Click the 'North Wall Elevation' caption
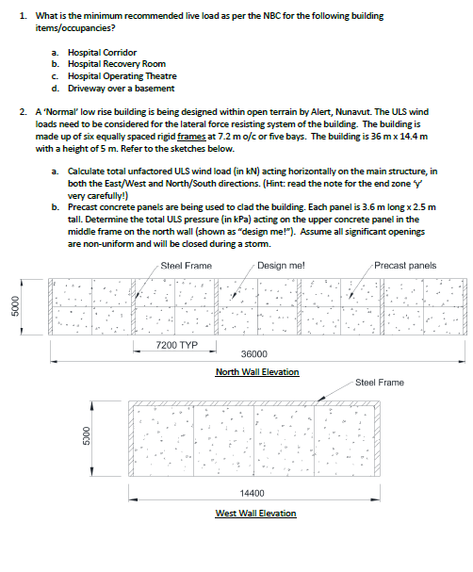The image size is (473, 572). (x=257, y=371)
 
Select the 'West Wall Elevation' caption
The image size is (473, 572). (x=255, y=513)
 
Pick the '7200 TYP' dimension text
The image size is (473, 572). (x=176, y=345)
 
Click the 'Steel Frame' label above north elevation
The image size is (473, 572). (x=186, y=265)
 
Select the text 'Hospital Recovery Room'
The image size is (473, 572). (x=116, y=64)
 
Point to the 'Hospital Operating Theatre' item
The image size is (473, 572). (x=122, y=76)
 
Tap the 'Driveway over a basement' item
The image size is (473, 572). (x=121, y=89)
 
